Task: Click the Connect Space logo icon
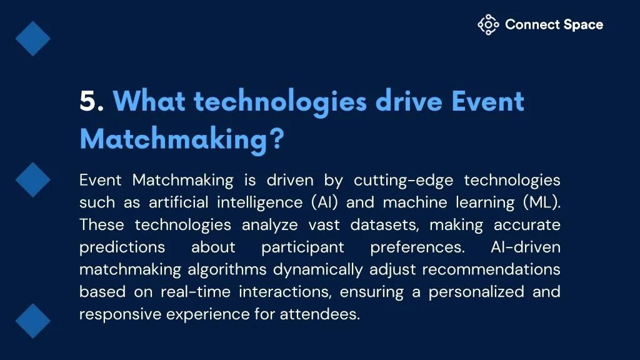(488, 25)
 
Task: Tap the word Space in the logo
(583, 25)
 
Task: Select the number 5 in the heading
(89, 101)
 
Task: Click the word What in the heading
(149, 101)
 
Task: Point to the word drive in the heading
(409, 101)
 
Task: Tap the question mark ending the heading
(277, 138)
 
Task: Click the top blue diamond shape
(33, 39)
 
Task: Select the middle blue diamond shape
(33, 180)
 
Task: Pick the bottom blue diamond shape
(33, 321)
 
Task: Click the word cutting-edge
(403, 181)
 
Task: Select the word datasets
(384, 225)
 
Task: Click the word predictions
(122, 247)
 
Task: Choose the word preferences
(417, 247)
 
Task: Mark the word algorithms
(227, 270)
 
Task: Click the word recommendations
(491, 269)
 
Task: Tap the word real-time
(196, 292)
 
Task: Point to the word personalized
(476, 292)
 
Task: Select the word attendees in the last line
(319, 314)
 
